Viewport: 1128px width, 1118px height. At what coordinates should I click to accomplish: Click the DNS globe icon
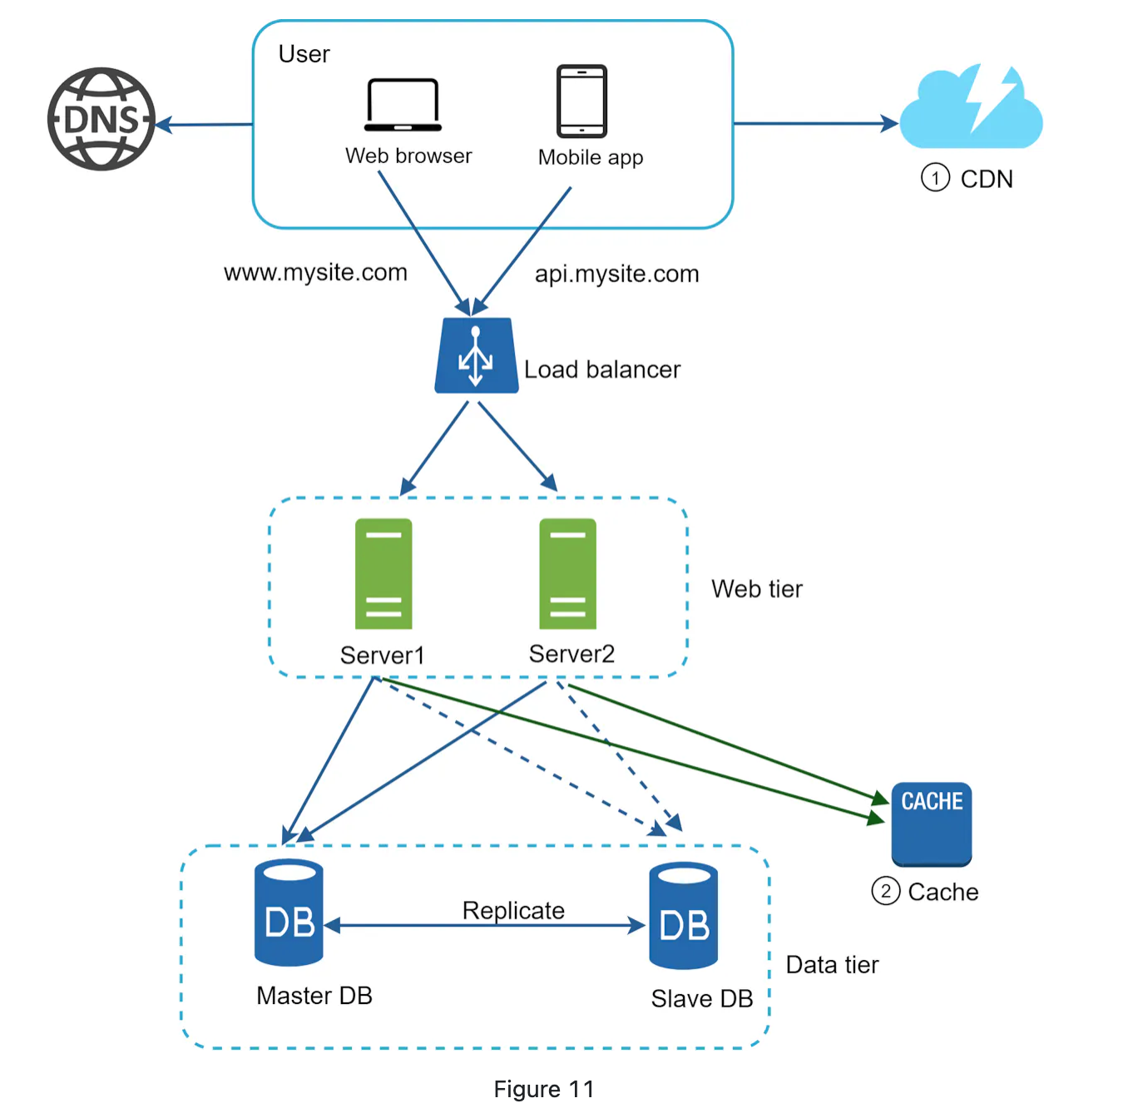[x=101, y=119]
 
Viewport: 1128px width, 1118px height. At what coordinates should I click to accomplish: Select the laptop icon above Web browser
[x=403, y=105]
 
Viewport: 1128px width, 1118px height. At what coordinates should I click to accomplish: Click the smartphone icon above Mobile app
[x=581, y=101]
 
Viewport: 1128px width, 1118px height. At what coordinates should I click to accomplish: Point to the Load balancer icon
[x=476, y=356]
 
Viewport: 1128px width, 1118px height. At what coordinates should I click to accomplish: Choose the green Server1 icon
[x=383, y=573]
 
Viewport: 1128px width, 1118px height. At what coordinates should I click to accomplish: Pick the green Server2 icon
[x=567, y=573]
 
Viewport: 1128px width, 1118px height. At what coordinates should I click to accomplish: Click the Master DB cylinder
[x=289, y=913]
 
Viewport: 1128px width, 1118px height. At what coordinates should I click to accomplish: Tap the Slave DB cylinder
[x=683, y=916]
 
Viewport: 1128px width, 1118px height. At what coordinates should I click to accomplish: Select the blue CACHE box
[x=932, y=823]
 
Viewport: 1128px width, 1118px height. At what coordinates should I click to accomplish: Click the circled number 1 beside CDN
[x=935, y=178]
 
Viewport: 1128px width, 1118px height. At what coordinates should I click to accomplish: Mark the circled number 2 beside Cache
[x=885, y=892]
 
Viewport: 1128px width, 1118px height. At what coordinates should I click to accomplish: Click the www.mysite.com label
[x=315, y=273]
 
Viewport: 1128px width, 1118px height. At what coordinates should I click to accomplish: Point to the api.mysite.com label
[x=616, y=275]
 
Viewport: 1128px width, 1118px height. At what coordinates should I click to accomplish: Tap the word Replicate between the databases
[x=513, y=910]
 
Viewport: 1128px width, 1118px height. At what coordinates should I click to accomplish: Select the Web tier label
[x=757, y=589]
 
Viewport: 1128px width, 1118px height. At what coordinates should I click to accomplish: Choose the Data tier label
[x=832, y=965]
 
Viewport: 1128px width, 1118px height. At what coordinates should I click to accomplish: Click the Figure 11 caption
[x=544, y=1089]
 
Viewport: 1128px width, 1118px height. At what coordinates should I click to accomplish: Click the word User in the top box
[x=304, y=54]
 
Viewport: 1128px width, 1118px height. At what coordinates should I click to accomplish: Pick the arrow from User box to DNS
[x=205, y=125]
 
